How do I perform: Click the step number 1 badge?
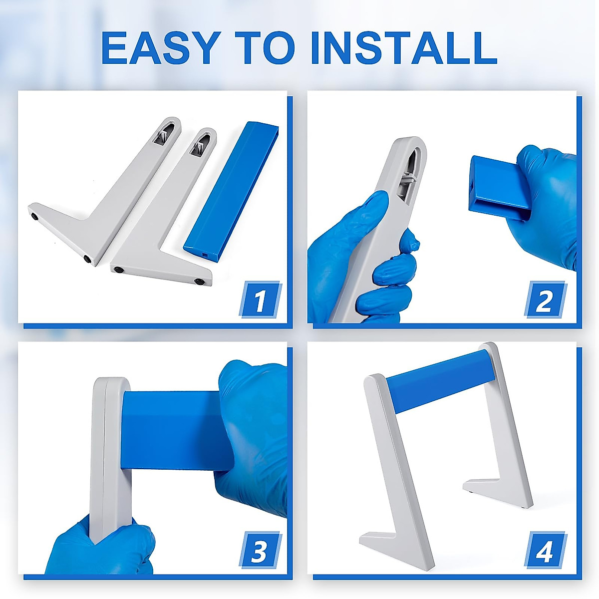point(260,299)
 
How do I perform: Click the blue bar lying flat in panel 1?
point(232,193)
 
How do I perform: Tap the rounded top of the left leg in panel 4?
point(374,380)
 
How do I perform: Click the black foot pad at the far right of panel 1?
point(198,282)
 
